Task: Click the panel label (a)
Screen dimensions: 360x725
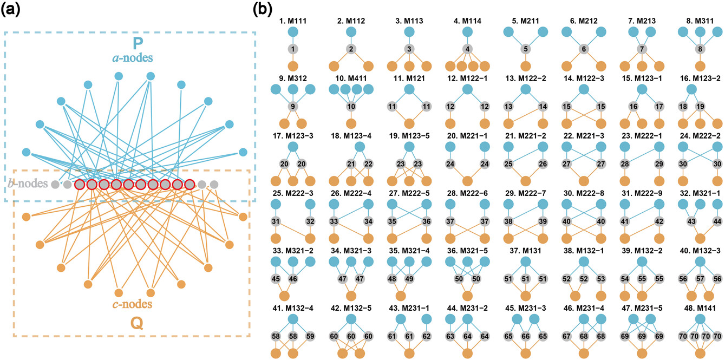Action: (13, 10)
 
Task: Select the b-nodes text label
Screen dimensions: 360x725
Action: (27, 184)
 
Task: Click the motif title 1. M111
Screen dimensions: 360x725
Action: (292, 21)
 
